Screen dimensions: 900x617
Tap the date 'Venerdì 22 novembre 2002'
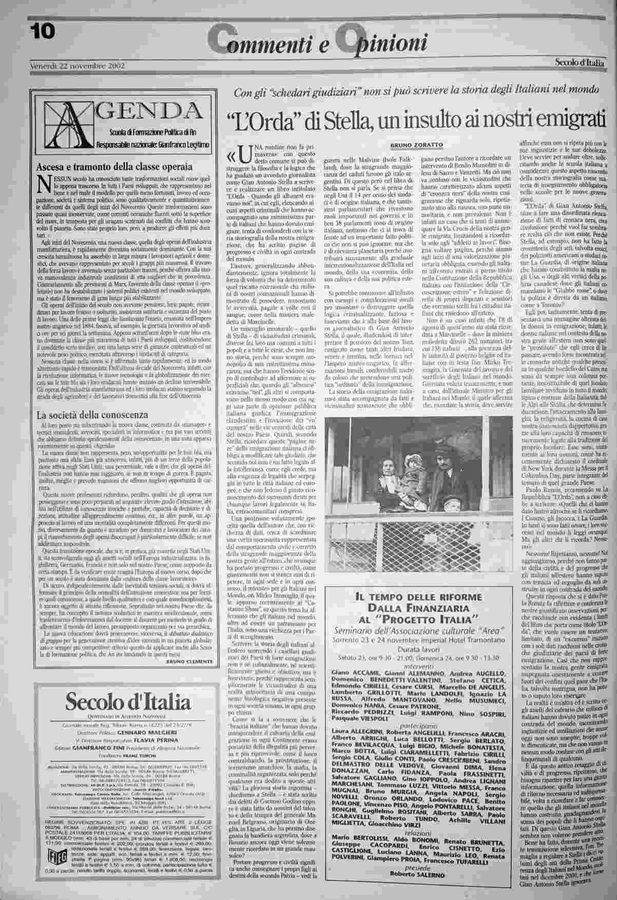coord(70,66)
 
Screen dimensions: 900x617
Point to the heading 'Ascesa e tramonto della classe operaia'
coord(113,166)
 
